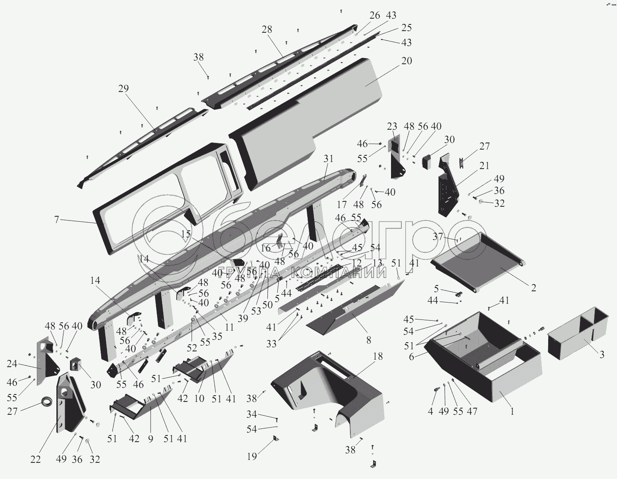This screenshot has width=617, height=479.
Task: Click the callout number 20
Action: (406, 61)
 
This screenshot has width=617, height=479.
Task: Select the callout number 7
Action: (57, 220)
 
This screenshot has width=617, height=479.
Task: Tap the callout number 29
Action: (123, 89)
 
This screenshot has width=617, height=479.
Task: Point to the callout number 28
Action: (267, 29)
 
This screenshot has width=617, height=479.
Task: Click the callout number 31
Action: (328, 158)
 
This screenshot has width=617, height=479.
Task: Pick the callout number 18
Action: (377, 356)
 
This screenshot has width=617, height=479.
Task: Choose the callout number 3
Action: (602, 354)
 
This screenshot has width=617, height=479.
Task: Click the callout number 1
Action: (513, 411)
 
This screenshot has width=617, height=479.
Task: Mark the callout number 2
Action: (533, 288)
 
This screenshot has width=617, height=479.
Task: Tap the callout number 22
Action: (36, 459)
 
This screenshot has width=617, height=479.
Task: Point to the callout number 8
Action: (368, 340)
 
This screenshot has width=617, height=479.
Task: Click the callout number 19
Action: (252, 456)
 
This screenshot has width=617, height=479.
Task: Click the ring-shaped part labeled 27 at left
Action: (46, 402)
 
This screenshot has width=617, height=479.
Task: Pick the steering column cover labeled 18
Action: (332, 389)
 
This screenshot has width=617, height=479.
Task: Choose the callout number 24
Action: (12, 364)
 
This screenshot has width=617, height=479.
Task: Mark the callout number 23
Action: (392, 126)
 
